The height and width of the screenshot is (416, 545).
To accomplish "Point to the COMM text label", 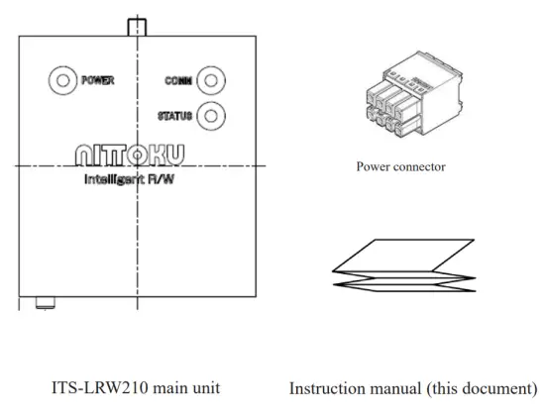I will click(x=178, y=81).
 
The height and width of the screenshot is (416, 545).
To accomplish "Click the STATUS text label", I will click(x=174, y=115).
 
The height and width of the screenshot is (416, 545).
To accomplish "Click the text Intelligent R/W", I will click(x=135, y=181).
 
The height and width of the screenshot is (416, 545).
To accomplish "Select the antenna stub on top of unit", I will click(x=136, y=25).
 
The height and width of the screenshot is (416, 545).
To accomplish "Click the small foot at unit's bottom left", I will click(x=43, y=302).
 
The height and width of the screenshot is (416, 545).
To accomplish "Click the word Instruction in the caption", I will click(x=327, y=385).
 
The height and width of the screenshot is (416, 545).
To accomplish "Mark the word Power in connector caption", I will click(x=373, y=166).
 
